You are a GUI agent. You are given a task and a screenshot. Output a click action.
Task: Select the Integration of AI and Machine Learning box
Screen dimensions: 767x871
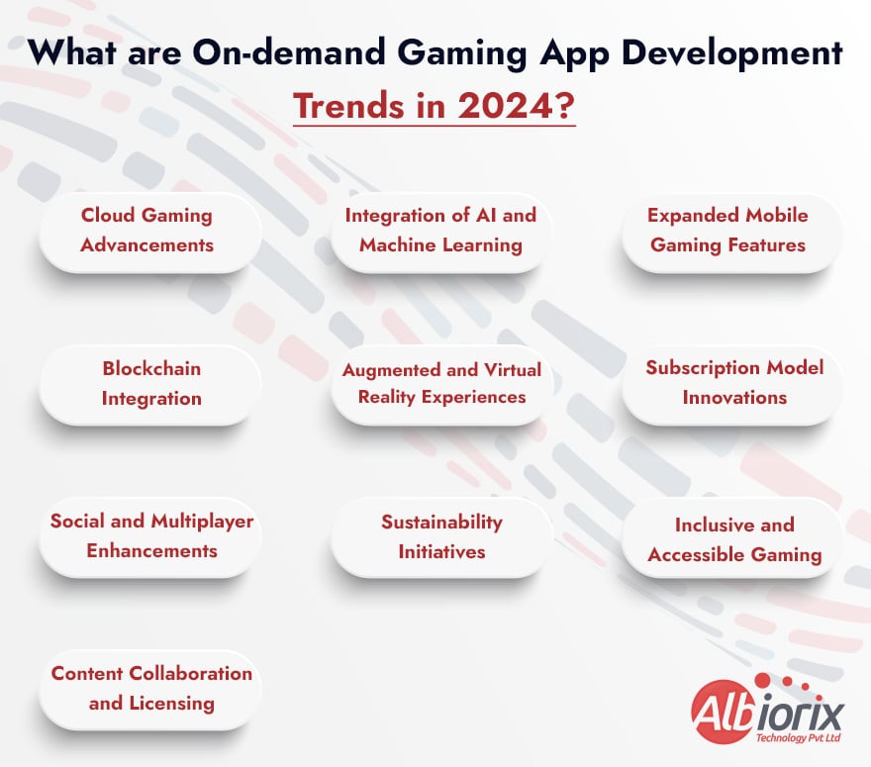(x=440, y=230)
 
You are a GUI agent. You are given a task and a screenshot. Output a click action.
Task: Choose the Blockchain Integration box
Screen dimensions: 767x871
(x=151, y=383)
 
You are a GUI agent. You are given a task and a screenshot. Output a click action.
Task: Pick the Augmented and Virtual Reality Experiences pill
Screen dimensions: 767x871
(x=441, y=383)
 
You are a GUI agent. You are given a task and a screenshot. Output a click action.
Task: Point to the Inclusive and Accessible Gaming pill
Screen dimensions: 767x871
(x=734, y=539)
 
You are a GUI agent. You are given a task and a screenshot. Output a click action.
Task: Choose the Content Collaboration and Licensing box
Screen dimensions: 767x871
(x=151, y=688)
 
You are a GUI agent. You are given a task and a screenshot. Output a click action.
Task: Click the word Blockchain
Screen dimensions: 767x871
(x=151, y=368)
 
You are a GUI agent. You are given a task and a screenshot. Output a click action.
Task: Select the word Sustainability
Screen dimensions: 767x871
(x=441, y=522)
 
